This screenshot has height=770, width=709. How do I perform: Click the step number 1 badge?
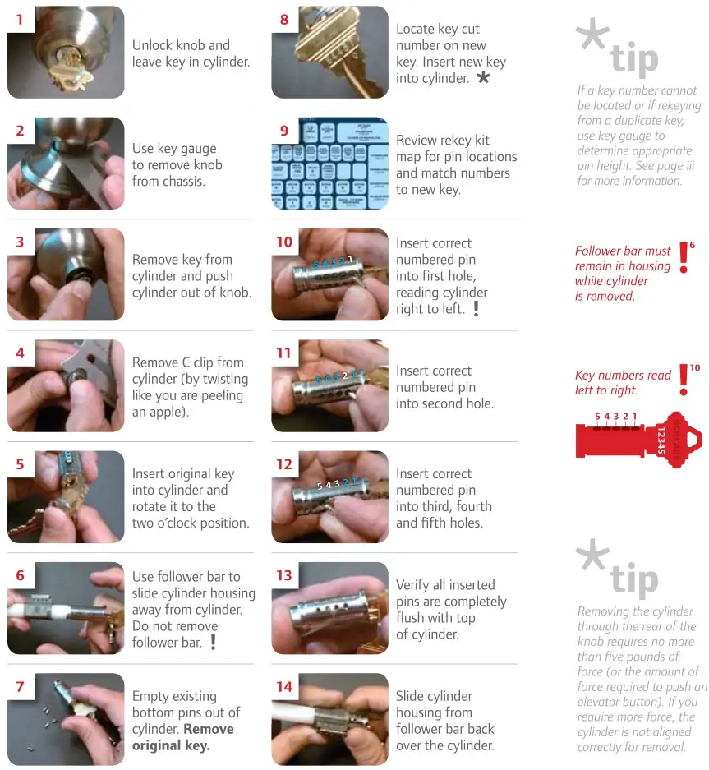pyautogui.click(x=20, y=19)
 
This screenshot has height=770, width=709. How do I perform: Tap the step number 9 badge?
pyautogui.click(x=284, y=130)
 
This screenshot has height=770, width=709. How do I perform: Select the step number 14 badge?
pyautogui.click(x=284, y=686)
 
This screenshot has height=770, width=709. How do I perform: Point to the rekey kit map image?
pyautogui.click(x=330, y=164)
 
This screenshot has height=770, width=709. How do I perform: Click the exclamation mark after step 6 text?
pyautogui.click(x=213, y=642)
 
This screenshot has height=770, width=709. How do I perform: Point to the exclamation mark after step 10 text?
pyautogui.click(x=476, y=309)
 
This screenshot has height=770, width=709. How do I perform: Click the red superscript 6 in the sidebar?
pyautogui.click(x=692, y=245)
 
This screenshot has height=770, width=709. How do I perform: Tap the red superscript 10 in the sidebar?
pyautogui.click(x=694, y=368)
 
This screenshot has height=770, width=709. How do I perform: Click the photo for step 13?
pyautogui.click(x=330, y=608)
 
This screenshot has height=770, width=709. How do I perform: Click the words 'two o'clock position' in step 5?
pyautogui.click(x=190, y=523)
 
